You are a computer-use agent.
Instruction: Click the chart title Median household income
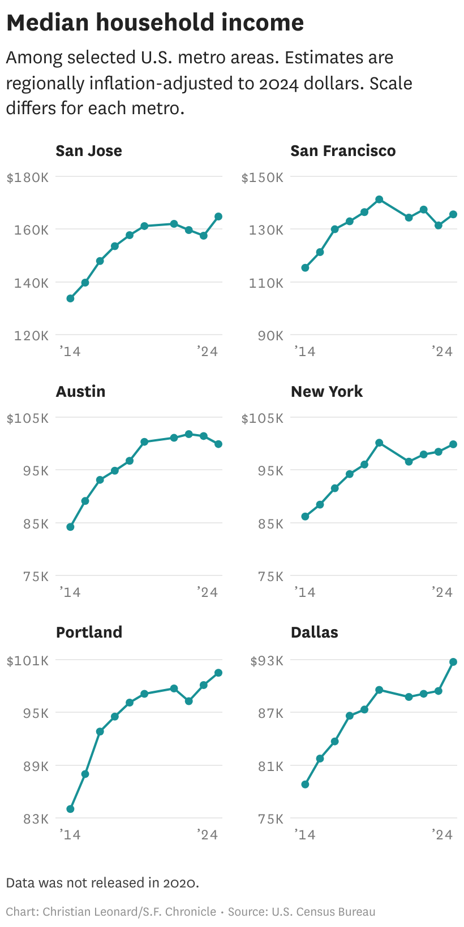[154, 23]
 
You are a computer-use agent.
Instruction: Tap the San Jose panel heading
[89, 151]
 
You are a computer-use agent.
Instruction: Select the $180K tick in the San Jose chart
[28, 177]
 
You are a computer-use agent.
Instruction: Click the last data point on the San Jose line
[218, 216]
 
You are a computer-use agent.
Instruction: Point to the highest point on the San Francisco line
[379, 200]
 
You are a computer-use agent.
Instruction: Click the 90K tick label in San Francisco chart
[270, 335]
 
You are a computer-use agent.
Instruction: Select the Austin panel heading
[80, 392]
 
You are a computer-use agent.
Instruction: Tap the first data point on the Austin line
[70, 527]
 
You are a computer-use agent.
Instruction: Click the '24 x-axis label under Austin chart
[208, 592]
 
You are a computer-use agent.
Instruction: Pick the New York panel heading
[326, 392]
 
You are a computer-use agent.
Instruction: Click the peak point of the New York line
[379, 443]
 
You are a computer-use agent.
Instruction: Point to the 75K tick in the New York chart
[270, 576]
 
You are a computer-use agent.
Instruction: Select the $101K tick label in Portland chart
[28, 660]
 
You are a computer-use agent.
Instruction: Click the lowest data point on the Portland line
[70, 809]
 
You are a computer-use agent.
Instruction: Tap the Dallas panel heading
[314, 633]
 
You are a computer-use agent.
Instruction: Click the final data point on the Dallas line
[453, 662]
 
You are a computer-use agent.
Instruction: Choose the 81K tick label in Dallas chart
[270, 766]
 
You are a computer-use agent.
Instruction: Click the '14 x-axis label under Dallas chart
[305, 834]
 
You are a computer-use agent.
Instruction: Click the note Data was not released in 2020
[102, 883]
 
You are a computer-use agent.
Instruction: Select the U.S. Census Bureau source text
[323, 912]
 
